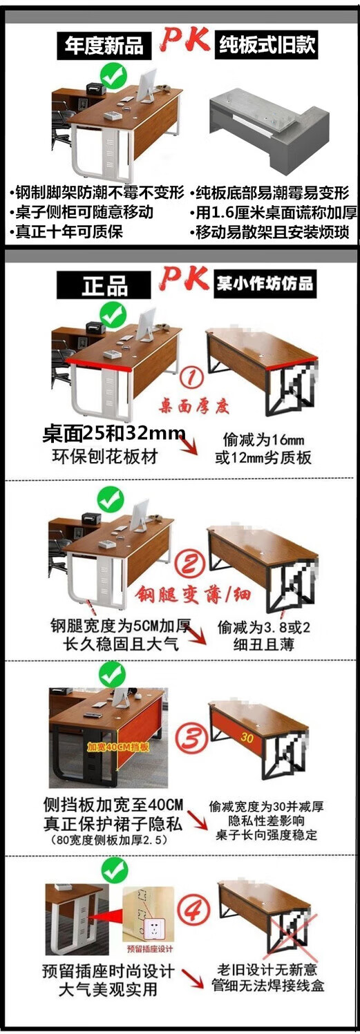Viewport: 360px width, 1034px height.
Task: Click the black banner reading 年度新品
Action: click(104, 46)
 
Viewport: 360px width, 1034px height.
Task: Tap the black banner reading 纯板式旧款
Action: click(266, 45)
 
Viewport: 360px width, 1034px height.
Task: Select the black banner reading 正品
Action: click(104, 285)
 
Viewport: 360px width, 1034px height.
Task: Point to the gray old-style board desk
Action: click(269, 130)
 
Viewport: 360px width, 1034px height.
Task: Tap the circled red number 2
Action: click(191, 564)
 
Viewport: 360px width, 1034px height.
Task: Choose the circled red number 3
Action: click(191, 738)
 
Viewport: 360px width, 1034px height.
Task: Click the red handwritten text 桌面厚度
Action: click(194, 406)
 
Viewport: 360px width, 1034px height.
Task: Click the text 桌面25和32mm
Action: click(114, 434)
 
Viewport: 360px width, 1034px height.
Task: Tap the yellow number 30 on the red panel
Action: click(247, 738)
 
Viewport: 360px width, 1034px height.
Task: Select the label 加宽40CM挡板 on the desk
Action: click(118, 747)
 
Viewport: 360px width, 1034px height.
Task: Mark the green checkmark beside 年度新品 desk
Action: click(113, 77)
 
